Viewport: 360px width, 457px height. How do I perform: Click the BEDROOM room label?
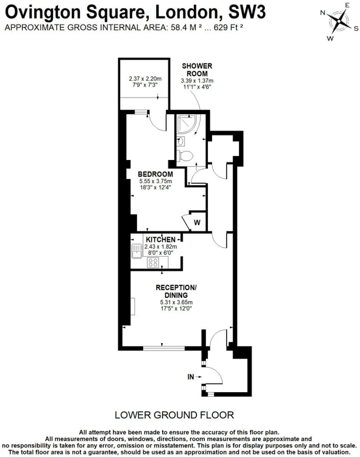[x=155, y=174]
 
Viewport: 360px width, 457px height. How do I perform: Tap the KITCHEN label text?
[x=160, y=239]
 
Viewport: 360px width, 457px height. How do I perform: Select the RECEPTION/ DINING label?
[x=176, y=291]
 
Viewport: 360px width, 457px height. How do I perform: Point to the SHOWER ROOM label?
[x=197, y=69]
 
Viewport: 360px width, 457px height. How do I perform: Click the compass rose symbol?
[x=339, y=21]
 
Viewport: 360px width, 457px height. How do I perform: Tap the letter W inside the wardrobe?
[x=197, y=223]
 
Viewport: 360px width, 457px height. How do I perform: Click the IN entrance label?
[x=191, y=377]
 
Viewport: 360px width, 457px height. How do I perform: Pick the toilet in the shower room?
[x=185, y=156]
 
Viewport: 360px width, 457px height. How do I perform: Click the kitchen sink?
[x=137, y=251]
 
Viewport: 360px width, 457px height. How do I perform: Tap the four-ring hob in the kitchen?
[x=153, y=263]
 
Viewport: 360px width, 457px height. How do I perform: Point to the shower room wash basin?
[x=180, y=142]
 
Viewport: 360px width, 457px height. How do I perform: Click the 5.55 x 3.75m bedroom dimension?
[x=155, y=181]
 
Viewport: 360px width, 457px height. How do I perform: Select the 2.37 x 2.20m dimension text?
[x=145, y=79]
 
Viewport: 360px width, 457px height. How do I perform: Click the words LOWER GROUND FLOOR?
[x=174, y=415]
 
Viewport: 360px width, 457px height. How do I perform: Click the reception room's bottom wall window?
[x=164, y=348]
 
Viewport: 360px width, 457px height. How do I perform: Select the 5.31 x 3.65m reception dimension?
[x=176, y=302]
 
